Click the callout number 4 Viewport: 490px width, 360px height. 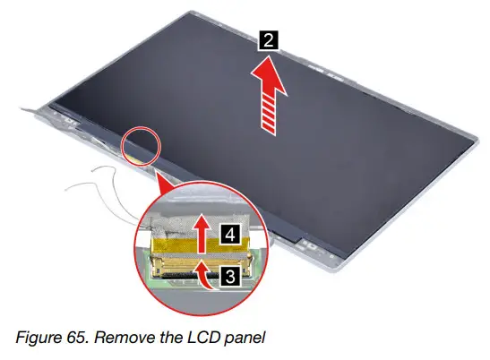[229, 236]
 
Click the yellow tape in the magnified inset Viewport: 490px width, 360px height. [176, 242]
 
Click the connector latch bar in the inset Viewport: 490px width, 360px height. [179, 261]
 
